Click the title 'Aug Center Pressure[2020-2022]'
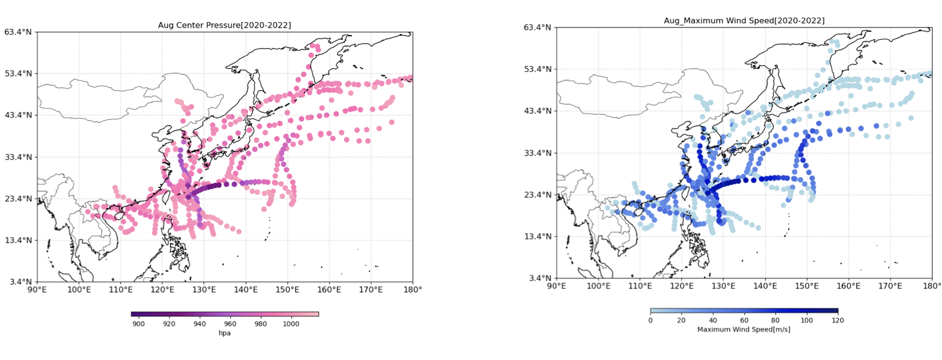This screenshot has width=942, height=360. pos(224,25)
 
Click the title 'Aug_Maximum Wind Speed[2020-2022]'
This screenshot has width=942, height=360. pos(744,21)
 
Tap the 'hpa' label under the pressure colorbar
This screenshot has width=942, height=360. pos(225,333)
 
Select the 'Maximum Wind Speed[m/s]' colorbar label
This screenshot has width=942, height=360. pos(744,329)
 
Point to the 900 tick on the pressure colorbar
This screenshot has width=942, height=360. pos(138,324)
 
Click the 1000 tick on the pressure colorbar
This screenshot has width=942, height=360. pos(291,324)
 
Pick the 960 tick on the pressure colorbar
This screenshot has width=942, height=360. pos(230,324)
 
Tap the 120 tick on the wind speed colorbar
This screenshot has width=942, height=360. pos(838,320)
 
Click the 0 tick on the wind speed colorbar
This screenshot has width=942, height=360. pos(650,320)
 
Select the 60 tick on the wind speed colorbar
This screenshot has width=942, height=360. pos(744,320)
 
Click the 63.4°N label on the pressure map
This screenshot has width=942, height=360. pos(18,32)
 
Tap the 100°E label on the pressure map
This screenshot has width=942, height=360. pos(79,290)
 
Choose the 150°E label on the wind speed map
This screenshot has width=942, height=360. pos(807,286)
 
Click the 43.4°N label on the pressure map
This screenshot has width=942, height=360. pos(18,115)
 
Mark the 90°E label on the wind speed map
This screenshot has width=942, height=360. pos(556,286)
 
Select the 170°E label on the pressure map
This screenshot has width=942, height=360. pos(371,290)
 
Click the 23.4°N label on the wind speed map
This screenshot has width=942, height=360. pos(537,195)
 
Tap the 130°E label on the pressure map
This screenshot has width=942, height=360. pos(204,290)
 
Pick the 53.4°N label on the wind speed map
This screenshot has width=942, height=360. pos(537,69)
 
